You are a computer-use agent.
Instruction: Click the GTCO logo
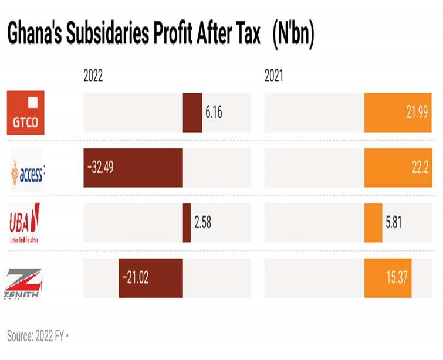click(x=26, y=113)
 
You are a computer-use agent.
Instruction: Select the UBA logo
click(x=25, y=223)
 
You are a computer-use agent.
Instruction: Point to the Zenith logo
click(x=23, y=281)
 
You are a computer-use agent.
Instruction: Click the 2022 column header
click(x=93, y=77)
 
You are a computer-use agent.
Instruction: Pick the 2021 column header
click(x=274, y=77)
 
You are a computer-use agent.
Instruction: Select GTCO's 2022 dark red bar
click(x=192, y=113)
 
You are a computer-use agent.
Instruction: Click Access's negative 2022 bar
click(x=133, y=168)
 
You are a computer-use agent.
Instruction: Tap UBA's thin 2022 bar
click(x=187, y=223)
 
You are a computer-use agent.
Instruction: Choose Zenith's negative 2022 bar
click(x=151, y=277)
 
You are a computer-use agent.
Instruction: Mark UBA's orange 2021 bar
click(x=373, y=223)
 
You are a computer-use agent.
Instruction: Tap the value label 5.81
click(x=394, y=223)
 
